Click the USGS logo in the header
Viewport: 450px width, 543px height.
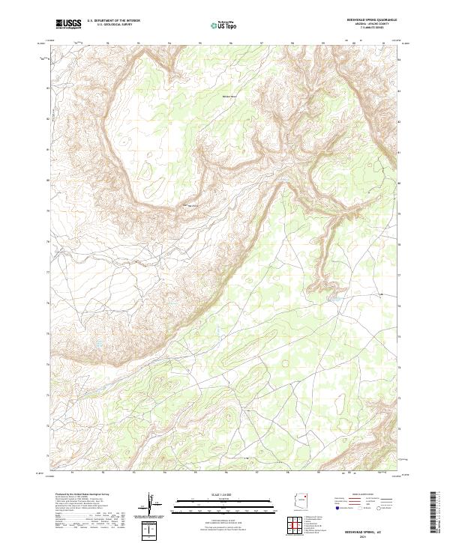coord(68,25)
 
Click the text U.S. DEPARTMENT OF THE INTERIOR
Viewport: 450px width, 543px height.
coord(113,22)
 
